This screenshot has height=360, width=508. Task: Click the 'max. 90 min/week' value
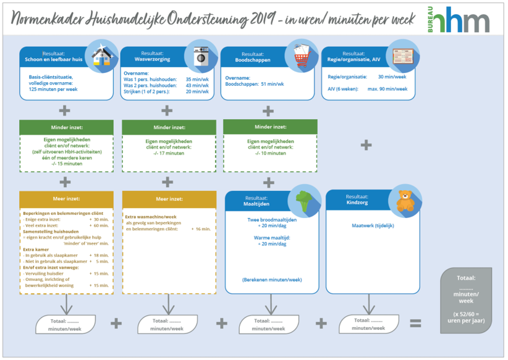click(x=387, y=89)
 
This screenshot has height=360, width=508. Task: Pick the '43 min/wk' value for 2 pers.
click(x=197, y=85)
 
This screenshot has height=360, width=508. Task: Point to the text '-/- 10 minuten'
click(x=269, y=153)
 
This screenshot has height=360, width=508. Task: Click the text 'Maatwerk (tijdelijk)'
click(x=373, y=225)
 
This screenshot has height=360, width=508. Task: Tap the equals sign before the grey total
click(x=415, y=323)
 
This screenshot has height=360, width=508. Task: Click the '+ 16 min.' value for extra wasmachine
click(x=201, y=229)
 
